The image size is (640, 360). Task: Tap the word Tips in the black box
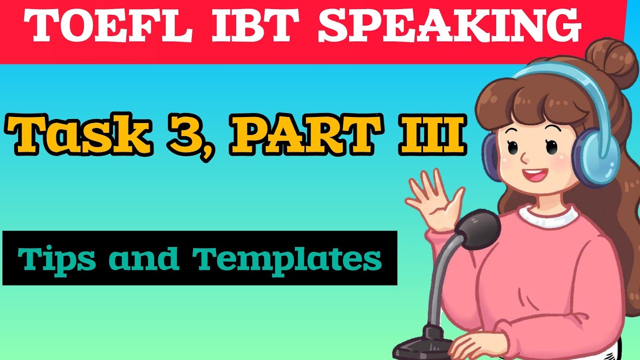pyautogui.click(x=55, y=258)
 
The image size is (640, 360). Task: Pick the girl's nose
pyautogui.click(x=524, y=158)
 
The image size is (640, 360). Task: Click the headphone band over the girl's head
pyautogui.click(x=550, y=75)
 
